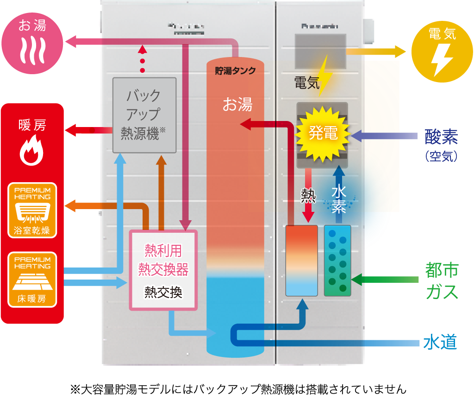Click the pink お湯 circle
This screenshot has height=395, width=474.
coord(32,43)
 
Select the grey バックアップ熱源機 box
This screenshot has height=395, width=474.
coord(144,115)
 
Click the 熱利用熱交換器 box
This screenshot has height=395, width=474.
coord(163,269)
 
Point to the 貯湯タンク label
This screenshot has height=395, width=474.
coord(235,71)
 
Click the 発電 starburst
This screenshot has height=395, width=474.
coord(323,134)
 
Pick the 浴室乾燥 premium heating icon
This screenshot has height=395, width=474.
coord(32,210)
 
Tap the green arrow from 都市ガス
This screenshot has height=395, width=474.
coord(384,279)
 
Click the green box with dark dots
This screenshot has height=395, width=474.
coord(337,261)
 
